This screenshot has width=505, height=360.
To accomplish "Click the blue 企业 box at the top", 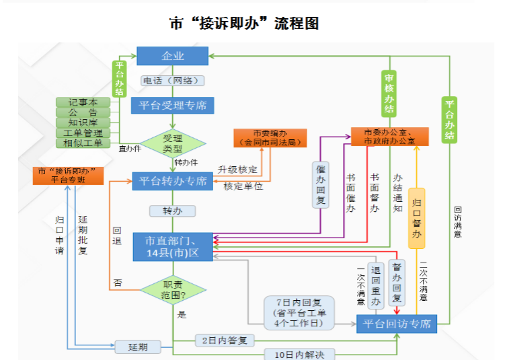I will [173, 56].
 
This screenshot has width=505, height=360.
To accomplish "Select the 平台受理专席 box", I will [173, 105].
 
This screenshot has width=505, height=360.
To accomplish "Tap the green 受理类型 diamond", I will [173, 142].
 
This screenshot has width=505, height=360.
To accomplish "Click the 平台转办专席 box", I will [173, 180].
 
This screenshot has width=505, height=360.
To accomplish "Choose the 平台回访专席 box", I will [397, 324].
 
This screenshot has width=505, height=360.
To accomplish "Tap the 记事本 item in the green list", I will [83, 102].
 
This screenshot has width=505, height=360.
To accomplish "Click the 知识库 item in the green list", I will [83, 122].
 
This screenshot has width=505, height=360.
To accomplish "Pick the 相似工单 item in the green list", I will [83, 143].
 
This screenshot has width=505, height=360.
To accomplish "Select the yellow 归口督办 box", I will [417, 219].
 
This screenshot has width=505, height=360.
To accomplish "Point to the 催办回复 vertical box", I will [321, 185].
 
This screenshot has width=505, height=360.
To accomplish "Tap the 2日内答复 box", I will [225, 340].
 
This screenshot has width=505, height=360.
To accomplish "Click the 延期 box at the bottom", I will [139, 347].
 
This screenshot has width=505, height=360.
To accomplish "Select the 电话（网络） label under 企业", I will [173, 81].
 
